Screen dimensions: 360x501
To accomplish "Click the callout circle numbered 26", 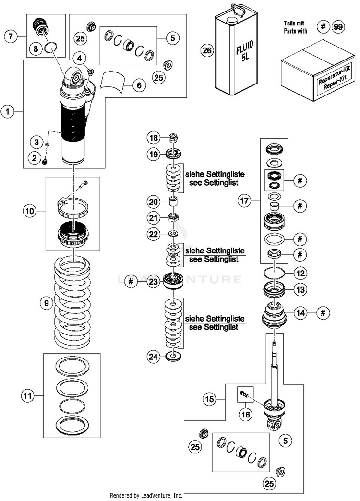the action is coord(207,50).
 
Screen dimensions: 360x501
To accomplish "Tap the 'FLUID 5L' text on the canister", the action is coord(245,51).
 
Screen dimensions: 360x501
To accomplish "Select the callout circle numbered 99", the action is coord(338,27).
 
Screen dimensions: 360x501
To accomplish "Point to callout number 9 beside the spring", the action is coord(47,303).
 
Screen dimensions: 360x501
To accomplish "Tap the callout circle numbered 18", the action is coord(154,138).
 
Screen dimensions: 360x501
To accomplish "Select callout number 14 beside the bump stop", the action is coord(301,313).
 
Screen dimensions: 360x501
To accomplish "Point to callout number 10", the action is coord(30,211).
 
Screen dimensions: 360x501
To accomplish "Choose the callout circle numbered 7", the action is coord(11,36).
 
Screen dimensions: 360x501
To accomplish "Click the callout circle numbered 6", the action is coord(139,85).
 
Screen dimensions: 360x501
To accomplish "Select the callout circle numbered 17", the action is coord(244,201).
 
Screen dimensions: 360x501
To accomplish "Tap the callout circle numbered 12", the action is coord(301,273).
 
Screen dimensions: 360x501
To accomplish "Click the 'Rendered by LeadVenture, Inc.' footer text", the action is coord(146,496).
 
